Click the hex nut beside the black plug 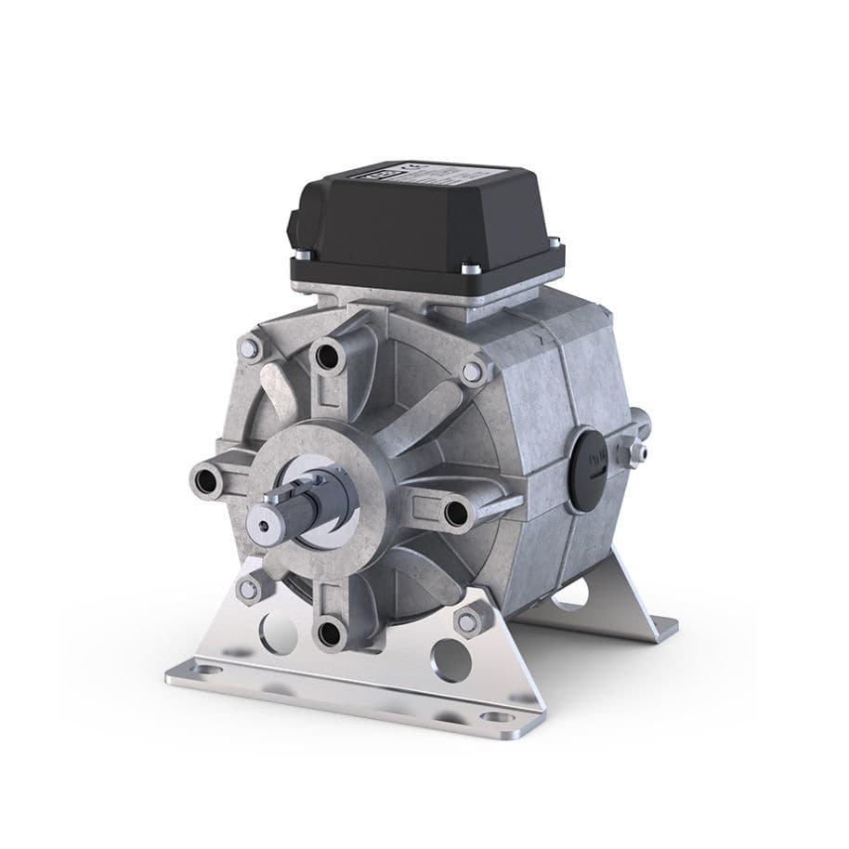pyautogui.click(x=638, y=451)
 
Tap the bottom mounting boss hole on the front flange pyautogui.click(x=330, y=634)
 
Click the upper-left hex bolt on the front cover pyautogui.click(x=249, y=348)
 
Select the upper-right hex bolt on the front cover pyautogui.click(x=473, y=372)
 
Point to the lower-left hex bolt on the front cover pyautogui.click(x=247, y=588)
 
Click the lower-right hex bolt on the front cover pyautogui.click(x=467, y=620)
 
